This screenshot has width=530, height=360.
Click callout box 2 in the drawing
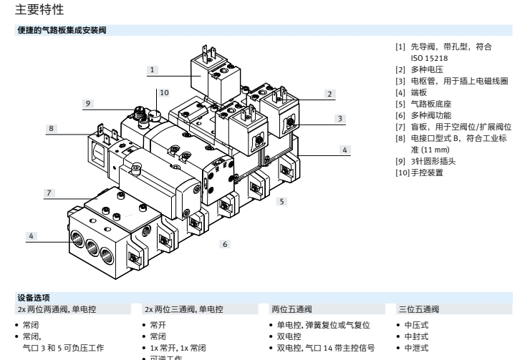click(x=329, y=94)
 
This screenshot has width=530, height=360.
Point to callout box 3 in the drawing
click(x=341, y=118)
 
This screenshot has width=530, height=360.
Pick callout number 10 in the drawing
click(x=164, y=92)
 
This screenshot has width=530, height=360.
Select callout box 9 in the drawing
click(x=87, y=104)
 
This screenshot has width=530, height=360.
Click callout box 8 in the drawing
click(x=52, y=128)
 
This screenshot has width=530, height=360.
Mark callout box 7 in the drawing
click(x=49, y=193)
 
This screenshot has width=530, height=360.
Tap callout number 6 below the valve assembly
click(x=224, y=244)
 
